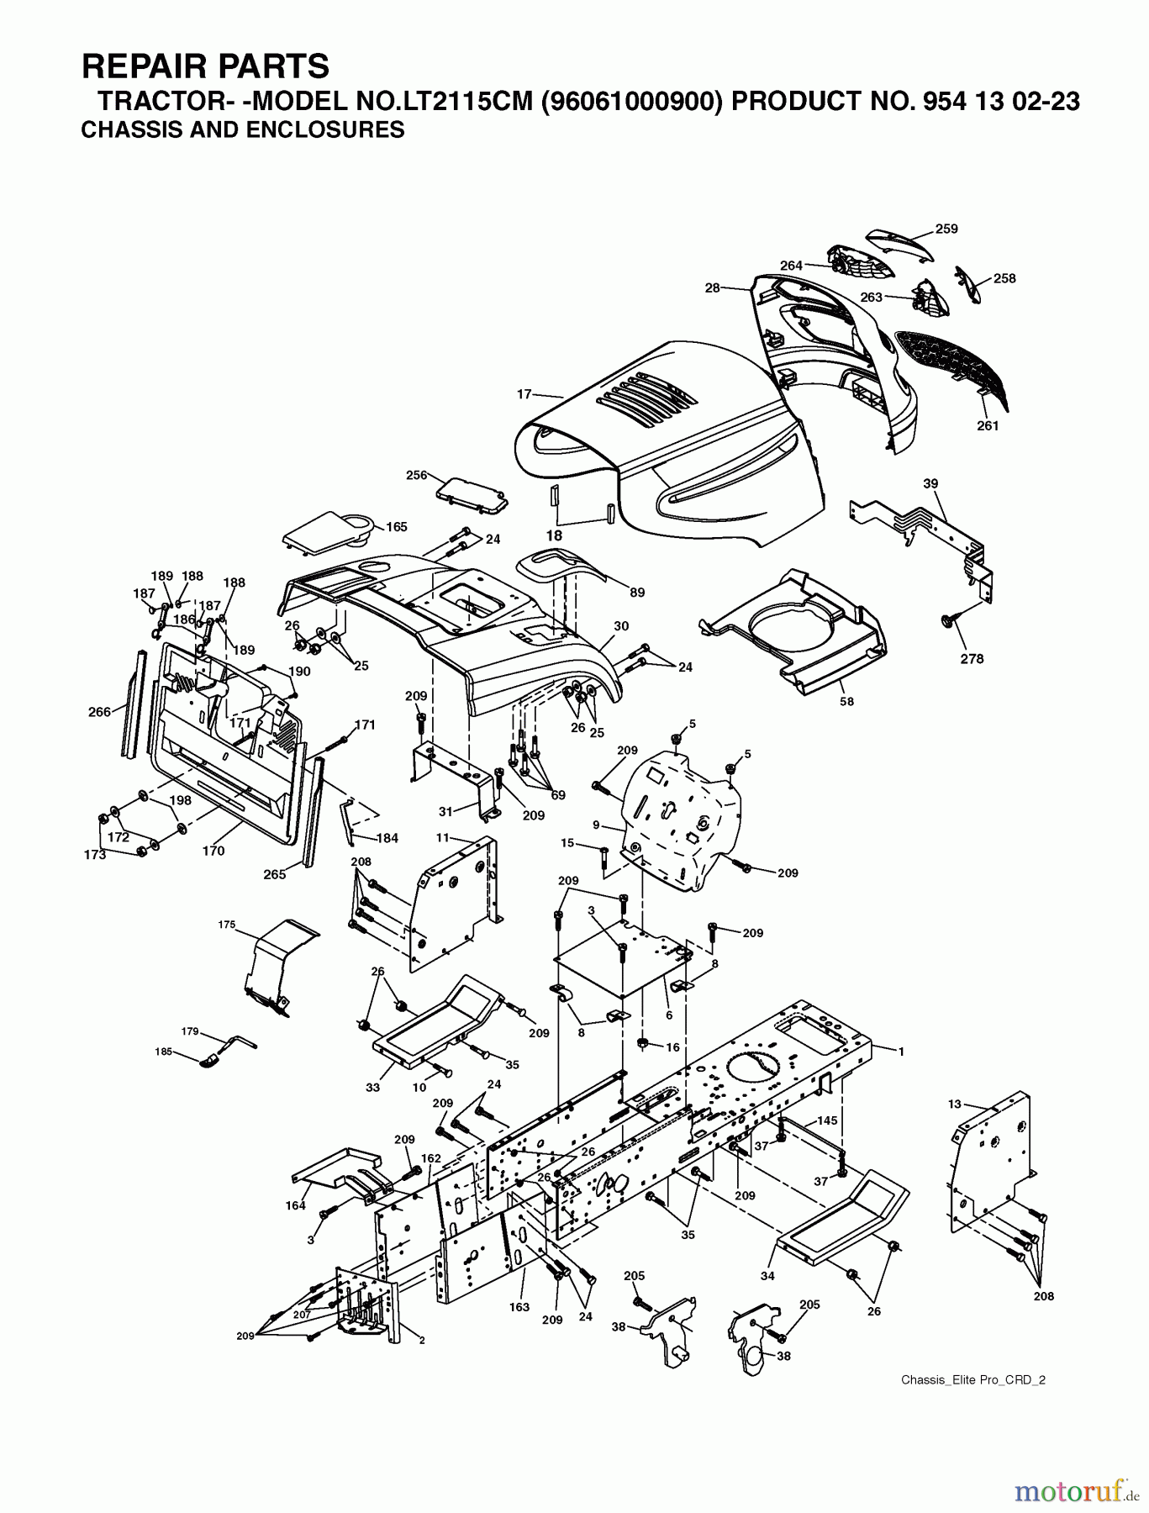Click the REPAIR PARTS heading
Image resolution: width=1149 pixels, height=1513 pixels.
(x=205, y=65)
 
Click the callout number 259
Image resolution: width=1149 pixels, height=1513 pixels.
(x=946, y=229)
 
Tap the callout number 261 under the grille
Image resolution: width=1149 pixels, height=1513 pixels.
(x=988, y=426)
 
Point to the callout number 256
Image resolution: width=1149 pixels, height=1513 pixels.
(x=417, y=475)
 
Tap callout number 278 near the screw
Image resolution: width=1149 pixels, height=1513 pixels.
(x=972, y=659)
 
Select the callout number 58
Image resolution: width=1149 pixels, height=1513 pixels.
(x=846, y=701)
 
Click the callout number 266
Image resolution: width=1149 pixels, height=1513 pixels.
(x=99, y=712)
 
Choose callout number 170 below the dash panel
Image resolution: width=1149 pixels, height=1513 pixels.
(x=213, y=851)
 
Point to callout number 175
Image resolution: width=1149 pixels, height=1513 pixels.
(x=226, y=925)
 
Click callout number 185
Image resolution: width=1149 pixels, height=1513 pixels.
(x=163, y=1052)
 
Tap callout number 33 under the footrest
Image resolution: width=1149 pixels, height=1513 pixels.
(x=372, y=1087)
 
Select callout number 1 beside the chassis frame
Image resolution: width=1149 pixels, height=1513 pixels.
(x=901, y=1051)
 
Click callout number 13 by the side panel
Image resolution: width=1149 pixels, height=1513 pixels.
(x=953, y=1104)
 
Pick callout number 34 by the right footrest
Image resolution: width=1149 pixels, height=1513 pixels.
(x=767, y=1276)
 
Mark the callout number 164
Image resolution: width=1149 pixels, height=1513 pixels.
(x=295, y=1207)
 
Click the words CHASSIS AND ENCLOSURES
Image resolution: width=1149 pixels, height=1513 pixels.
(x=243, y=130)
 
